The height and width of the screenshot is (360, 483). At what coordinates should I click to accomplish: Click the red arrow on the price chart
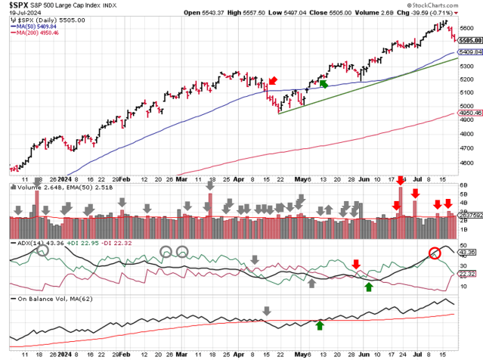pos(271,80)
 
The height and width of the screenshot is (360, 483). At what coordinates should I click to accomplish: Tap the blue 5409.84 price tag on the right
pos(466,53)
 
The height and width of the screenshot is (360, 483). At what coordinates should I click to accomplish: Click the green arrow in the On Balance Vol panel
pos(320,325)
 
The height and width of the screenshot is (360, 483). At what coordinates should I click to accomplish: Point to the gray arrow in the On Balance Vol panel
pos(266,311)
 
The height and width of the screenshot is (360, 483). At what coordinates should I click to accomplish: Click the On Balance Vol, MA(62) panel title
pos(45,300)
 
